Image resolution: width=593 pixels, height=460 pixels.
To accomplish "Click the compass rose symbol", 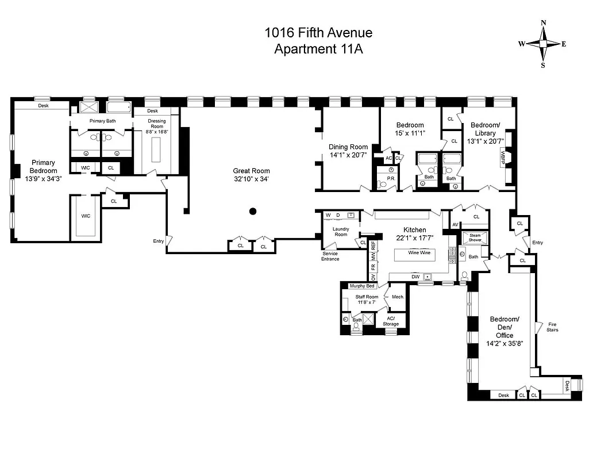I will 543,44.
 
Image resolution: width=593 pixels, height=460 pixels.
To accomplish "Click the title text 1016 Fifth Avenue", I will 318,33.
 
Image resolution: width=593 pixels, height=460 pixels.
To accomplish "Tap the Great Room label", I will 251,171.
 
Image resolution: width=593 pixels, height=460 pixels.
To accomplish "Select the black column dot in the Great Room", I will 252,212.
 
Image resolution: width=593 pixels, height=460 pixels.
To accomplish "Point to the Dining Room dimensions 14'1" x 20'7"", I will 348,155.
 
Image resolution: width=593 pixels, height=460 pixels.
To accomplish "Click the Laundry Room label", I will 341,232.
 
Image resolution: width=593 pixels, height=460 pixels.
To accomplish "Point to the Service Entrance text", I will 330,256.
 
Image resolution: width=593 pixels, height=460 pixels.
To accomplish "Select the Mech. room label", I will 397,297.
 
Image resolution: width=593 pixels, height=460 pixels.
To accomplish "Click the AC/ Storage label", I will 391,321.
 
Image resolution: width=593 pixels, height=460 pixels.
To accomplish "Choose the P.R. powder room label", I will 391,179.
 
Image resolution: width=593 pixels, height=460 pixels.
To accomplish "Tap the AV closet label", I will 455,225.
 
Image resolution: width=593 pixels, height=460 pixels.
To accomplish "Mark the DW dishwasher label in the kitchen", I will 415,277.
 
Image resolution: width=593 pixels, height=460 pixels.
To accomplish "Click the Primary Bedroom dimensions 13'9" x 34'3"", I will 44,179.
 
